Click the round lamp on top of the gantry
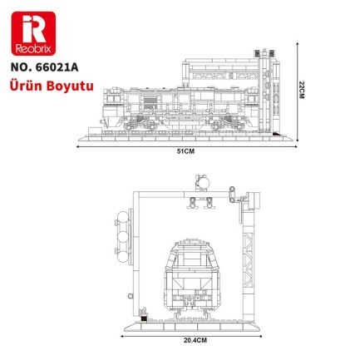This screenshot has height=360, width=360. [199, 179]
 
